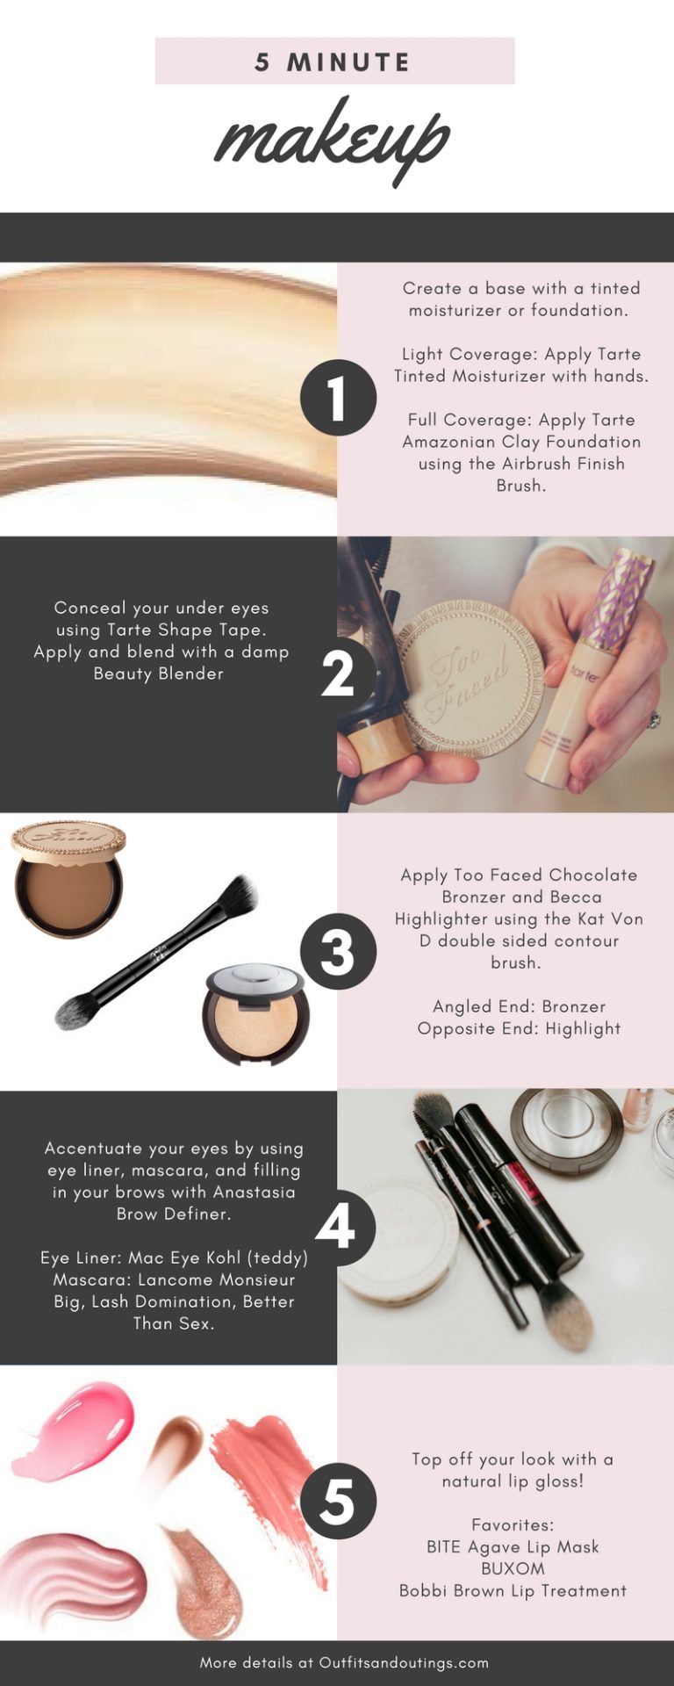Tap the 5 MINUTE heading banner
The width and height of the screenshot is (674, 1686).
pos(334,61)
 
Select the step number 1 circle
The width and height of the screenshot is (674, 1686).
pos(338,398)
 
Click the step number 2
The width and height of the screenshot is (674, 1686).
pos(338,674)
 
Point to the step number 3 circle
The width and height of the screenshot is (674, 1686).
pos(338,952)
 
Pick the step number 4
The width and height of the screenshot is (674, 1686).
pos(335,1227)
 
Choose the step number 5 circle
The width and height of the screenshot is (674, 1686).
pos(338,1502)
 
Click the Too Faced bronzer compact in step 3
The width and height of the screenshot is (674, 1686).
pos(68,878)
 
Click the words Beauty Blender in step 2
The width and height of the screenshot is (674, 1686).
pos(159,674)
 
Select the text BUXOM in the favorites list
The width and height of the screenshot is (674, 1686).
pos(513,1567)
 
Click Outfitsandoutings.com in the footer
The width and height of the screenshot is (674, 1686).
pos(404,1662)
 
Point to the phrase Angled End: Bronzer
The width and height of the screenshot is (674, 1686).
pos(519,1006)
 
